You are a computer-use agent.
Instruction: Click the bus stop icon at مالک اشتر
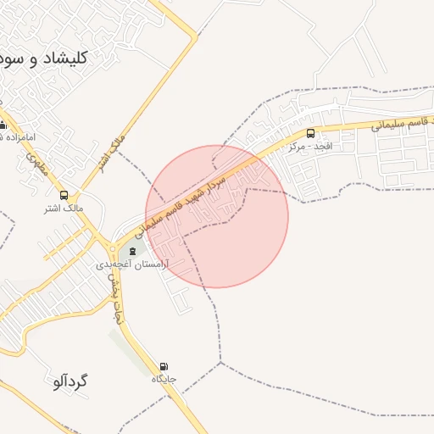point(64,195)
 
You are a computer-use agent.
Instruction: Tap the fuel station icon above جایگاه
point(163,366)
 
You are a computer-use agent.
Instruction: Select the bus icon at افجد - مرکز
point(310,133)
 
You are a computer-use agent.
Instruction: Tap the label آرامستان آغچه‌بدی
point(133,264)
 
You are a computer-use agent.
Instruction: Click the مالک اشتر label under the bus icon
point(64,207)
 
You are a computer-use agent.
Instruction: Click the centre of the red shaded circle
point(217,216)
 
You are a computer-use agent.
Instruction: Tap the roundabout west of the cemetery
point(112,248)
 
